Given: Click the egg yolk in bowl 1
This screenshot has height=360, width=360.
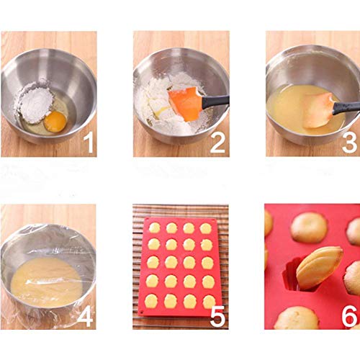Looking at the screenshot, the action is (x=55, y=122).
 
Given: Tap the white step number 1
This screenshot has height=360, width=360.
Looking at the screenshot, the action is (x=89, y=143).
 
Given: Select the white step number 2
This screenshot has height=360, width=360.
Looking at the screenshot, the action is (x=218, y=143).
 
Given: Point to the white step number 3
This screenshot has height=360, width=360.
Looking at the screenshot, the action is (x=350, y=143).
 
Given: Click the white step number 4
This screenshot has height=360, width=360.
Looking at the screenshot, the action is (x=85, y=316).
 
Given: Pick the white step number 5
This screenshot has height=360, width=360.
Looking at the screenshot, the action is (x=217, y=316).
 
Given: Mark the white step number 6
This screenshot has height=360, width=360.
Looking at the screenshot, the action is (x=349, y=316).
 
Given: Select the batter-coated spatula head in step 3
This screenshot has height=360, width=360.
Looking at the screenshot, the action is (x=318, y=110).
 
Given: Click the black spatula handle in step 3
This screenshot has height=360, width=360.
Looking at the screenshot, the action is (x=346, y=107).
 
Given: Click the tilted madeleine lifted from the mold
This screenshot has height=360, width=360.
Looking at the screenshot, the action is (x=319, y=268).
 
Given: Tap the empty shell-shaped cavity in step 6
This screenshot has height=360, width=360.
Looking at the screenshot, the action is (x=292, y=276).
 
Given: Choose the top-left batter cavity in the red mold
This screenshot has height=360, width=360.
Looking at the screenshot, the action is (x=155, y=228).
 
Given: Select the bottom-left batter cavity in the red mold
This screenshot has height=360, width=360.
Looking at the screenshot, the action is (x=151, y=301).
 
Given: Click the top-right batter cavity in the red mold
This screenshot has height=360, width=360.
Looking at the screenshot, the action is (x=205, y=228).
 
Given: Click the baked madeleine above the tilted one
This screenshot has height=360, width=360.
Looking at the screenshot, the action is (x=309, y=228).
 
